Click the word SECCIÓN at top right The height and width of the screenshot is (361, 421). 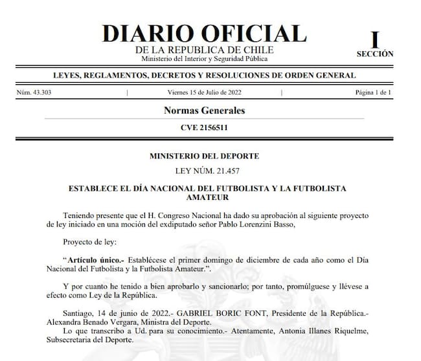coord(374,54)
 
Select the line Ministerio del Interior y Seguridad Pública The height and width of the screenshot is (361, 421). coord(204,59)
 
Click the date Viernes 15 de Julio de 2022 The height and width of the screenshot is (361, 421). coord(205,93)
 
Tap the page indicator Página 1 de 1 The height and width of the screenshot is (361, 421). coord(373,93)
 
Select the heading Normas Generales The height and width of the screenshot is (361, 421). coord(204,111)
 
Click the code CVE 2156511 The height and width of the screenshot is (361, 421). coord(204,127)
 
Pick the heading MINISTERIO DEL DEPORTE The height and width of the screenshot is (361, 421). coord(204,156)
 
